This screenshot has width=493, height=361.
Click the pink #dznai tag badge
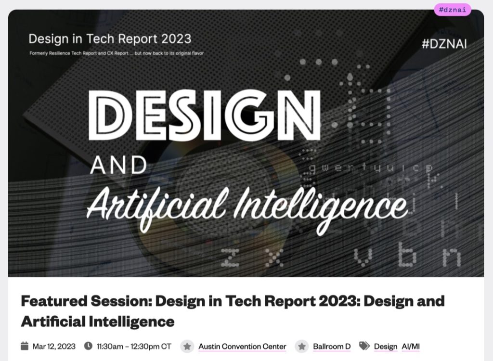(453, 9)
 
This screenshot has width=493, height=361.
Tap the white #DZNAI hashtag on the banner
(444, 44)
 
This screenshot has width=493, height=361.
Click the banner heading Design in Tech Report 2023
(110, 39)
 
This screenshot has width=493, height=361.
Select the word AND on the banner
(118, 166)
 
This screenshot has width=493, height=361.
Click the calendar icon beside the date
(25, 346)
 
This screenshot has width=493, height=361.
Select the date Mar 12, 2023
(54, 346)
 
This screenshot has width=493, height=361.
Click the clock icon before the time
(88, 346)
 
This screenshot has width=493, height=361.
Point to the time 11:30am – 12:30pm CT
(134, 346)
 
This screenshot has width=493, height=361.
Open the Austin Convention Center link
(242, 346)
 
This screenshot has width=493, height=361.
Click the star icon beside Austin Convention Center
(187, 346)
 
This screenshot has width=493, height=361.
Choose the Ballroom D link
(332, 346)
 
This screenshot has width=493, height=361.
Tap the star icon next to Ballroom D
(301, 346)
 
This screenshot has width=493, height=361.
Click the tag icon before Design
(364, 346)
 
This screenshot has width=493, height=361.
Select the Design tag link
(386, 346)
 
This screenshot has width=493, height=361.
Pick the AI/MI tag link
(411, 346)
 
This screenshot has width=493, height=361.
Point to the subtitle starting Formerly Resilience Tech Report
(117, 53)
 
